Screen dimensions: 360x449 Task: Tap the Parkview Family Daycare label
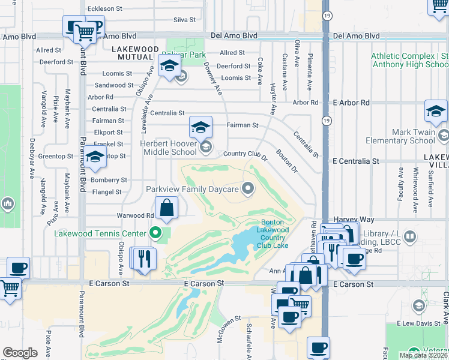point(192,189)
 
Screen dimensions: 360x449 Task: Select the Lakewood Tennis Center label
point(100,233)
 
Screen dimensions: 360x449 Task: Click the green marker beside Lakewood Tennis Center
point(156,233)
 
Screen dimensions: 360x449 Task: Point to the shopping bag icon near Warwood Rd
point(167,209)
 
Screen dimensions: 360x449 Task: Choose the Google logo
point(20,353)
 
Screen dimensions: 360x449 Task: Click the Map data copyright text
point(423,355)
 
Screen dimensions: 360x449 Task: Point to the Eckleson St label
point(105,8)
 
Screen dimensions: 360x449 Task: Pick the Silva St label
point(184,20)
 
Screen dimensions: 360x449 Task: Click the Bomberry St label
point(109,179)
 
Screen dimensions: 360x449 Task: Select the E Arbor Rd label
point(351,103)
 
